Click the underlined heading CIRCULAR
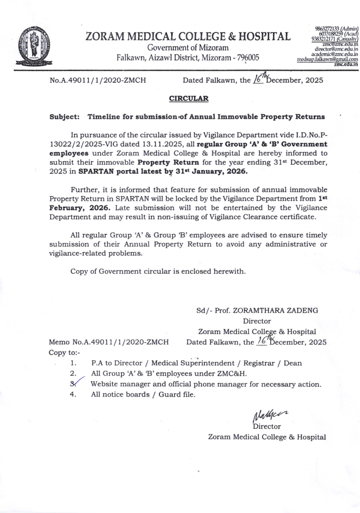coord(189,98)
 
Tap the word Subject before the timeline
coord(64,117)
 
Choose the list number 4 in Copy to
coord(72,394)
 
